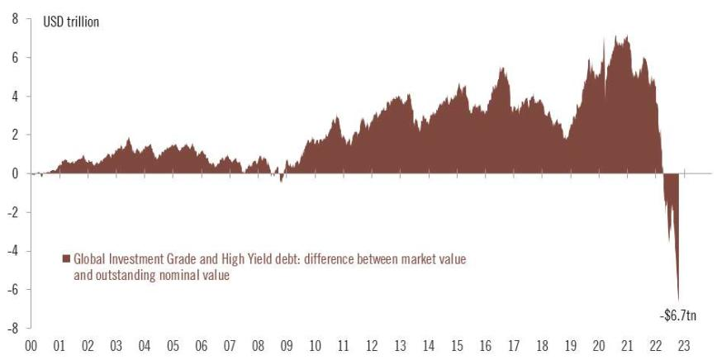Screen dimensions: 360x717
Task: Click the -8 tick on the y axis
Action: point(13,328)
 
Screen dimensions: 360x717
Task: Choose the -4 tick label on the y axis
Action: point(13,251)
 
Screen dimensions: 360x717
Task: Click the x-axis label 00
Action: point(31,348)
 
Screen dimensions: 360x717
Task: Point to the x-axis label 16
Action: point(487,348)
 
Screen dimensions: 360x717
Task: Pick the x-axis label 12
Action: point(373,348)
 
